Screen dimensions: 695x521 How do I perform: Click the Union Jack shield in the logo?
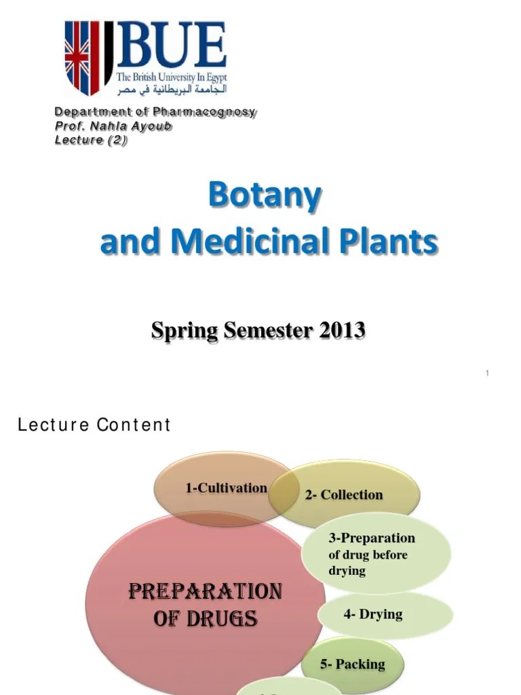[x=82, y=57]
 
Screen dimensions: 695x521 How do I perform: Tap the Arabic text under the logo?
[x=171, y=90]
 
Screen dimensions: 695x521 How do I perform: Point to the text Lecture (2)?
[x=91, y=140]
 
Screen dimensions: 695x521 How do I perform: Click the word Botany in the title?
[x=265, y=197]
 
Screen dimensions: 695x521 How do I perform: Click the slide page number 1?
[x=487, y=373]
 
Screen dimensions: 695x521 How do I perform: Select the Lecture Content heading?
[x=94, y=426]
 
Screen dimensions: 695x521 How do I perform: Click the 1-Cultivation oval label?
[x=226, y=488]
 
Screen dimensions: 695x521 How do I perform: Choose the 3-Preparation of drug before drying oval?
[x=372, y=554]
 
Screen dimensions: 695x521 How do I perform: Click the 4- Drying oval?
[x=373, y=614]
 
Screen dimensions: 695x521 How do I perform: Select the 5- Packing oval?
[x=362, y=664]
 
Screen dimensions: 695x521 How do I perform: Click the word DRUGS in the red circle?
[x=225, y=619]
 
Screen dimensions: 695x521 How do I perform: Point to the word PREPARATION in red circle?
[x=205, y=592]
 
